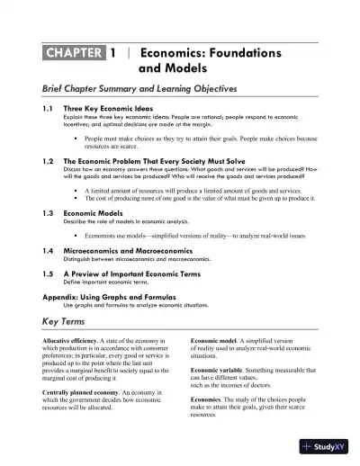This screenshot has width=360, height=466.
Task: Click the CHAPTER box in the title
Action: (x=73, y=53)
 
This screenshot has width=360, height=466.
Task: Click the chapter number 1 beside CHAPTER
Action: (x=113, y=53)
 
